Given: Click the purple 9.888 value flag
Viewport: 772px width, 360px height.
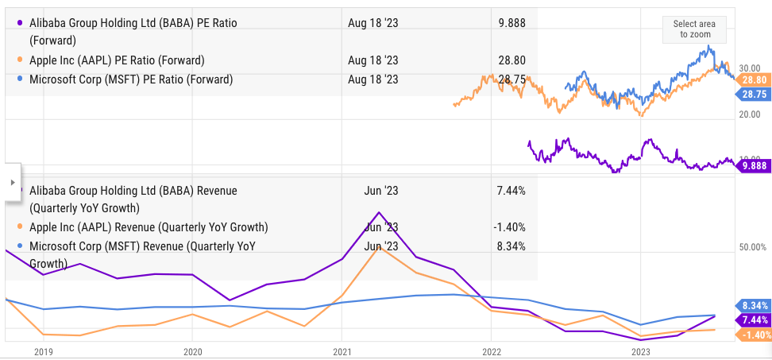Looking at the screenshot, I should click(x=752, y=166).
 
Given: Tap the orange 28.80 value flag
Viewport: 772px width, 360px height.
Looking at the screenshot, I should click(x=752, y=80).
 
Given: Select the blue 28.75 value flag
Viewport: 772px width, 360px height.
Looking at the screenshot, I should click(x=752, y=94).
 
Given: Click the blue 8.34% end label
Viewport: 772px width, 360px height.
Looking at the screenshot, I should click(x=752, y=305).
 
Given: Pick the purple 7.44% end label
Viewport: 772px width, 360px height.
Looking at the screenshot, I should click(x=752, y=319).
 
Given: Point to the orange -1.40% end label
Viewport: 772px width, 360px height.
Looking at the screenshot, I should click(x=752, y=335).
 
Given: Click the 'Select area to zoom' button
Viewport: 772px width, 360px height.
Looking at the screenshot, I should click(x=694, y=29).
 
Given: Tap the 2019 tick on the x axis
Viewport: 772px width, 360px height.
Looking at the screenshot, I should click(x=43, y=350).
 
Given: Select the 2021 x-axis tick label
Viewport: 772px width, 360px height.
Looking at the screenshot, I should click(x=342, y=350).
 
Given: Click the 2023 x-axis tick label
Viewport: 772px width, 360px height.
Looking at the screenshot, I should click(x=640, y=350).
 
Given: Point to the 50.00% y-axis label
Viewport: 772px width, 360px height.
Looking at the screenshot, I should click(x=752, y=248).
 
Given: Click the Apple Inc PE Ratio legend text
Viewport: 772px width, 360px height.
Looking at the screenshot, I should click(x=117, y=60).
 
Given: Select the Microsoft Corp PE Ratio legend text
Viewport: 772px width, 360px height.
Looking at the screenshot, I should click(x=130, y=79).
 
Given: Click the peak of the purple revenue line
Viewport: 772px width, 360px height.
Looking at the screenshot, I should click(x=379, y=212).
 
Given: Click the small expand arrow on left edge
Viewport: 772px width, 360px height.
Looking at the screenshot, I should click(x=12, y=182).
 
